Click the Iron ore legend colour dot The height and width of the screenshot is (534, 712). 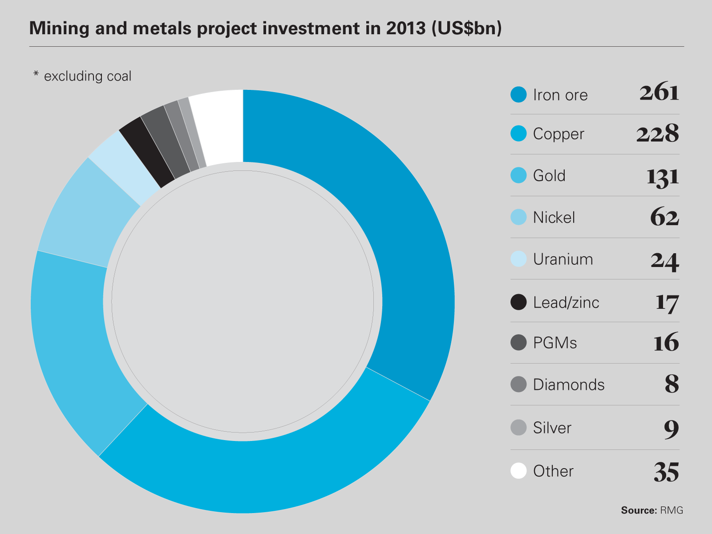(518, 94)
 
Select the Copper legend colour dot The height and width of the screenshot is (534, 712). (518, 133)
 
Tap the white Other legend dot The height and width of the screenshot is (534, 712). (518, 471)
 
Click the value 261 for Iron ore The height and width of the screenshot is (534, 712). (659, 93)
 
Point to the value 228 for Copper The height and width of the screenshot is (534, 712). (657, 133)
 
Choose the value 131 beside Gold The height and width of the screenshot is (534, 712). (662, 176)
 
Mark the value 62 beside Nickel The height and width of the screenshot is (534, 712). (664, 218)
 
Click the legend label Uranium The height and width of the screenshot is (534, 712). (563, 259)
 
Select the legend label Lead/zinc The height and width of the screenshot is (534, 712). (566, 303)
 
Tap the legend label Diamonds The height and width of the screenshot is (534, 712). (569, 384)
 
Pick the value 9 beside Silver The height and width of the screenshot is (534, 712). (672, 429)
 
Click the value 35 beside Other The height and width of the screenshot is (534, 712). (666, 472)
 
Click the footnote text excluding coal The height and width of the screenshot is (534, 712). (87, 76)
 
